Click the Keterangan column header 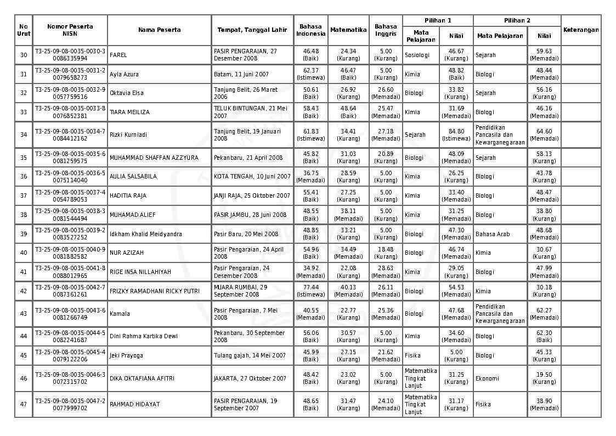pos(581,30)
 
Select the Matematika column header pos(348,30)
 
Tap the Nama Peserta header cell pos(159,30)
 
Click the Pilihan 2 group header pos(517,20)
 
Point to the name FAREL pos(118,55)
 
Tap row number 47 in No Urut pos(24,404)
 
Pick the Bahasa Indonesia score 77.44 pos(311,287)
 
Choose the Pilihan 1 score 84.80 pos(456,131)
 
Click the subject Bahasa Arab pos(493,234)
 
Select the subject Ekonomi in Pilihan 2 pos(487,378)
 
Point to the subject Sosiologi pos(417,55)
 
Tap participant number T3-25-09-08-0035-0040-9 pos(70,249)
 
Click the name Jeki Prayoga pos(126,355)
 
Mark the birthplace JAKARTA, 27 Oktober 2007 pos(250,378)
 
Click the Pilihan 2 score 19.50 pos(544,374)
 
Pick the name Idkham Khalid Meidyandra pos(145,234)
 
